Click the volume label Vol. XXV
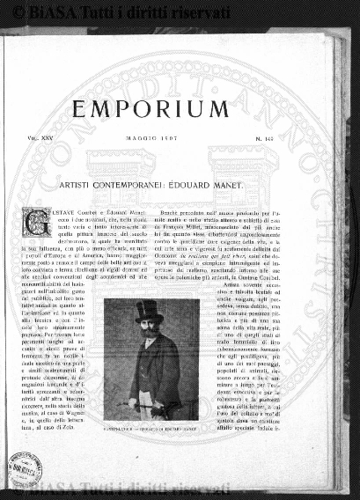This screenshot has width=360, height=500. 36,138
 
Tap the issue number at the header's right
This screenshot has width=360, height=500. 296,138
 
